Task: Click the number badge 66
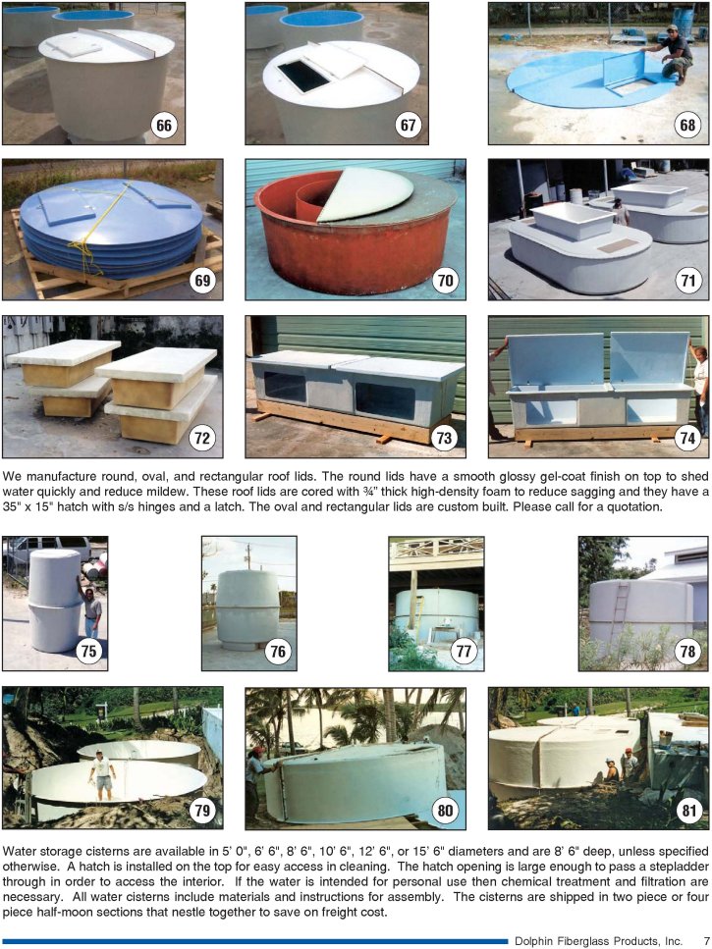(x=163, y=126)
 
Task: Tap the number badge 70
(x=445, y=281)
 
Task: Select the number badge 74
(x=687, y=438)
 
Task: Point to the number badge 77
(x=464, y=652)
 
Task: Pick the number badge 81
(x=687, y=810)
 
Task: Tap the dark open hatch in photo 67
(x=302, y=76)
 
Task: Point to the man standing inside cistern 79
(x=102, y=774)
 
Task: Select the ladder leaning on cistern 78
(x=619, y=610)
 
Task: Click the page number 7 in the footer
(x=706, y=940)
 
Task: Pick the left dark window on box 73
(x=285, y=387)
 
